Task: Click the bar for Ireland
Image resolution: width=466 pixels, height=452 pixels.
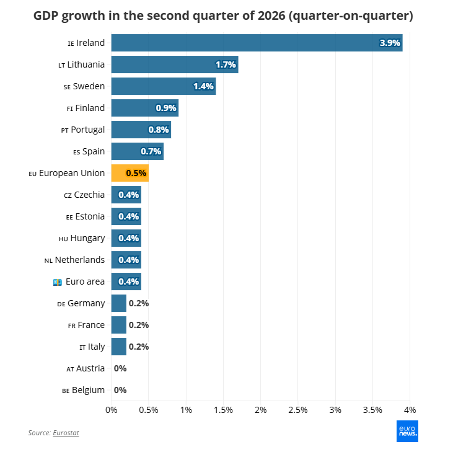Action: tap(257, 43)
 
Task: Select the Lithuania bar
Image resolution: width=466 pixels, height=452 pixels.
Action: tap(175, 64)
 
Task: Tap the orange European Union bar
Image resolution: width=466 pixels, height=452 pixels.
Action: tap(130, 173)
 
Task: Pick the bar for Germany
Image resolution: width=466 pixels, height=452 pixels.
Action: tap(119, 303)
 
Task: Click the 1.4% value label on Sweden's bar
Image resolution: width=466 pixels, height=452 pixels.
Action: tap(204, 86)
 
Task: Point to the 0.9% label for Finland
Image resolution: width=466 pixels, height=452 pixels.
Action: tap(166, 108)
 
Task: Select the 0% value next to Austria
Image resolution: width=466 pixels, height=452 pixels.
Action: tap(120, 368)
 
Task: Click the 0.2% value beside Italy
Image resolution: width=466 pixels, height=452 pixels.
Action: tap(139, 347)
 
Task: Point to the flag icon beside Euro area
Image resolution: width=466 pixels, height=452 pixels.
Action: tap(58, 282)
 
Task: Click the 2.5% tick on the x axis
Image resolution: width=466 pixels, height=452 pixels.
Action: tap(298, 410)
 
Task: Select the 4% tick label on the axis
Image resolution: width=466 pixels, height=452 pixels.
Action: tap(410, 410)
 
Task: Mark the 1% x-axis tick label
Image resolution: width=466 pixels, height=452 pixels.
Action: tap(186, 410)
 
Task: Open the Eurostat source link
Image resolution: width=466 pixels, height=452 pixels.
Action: tap(66, 433)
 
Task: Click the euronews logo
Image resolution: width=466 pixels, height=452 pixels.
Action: tap(407, 431)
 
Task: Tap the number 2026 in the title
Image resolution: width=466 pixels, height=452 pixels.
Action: tap(271, 16)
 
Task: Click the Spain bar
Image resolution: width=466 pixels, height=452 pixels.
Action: tap(138, 151)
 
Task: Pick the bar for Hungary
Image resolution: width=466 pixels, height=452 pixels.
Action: tap(126, 238)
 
